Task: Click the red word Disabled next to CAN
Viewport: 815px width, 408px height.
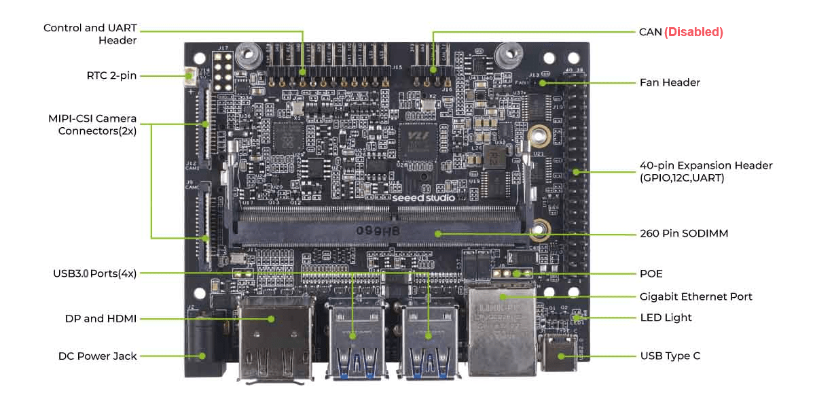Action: pos(693,32)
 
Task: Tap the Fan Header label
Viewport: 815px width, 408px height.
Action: pos(670,82)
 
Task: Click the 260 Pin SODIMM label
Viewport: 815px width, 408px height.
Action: pos(684,233)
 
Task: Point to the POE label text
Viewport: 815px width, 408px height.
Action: pos(651,273)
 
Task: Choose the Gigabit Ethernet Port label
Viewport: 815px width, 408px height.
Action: pos(696,296)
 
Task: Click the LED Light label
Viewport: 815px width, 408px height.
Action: pos(666,318)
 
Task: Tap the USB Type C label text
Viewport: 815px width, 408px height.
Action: pos(670,356)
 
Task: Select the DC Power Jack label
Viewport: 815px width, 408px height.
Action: pos(97,356)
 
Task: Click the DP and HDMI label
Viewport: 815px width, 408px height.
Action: pos(101,318)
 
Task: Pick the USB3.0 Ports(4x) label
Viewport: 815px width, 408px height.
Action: pos(95,273)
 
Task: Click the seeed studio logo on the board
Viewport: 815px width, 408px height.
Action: pos(423,197)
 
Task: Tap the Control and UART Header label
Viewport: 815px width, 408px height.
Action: pos(90,34)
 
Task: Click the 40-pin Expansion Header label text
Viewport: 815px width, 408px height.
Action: pos(706,171)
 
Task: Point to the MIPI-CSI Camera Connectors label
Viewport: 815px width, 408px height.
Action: pos(92,125)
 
